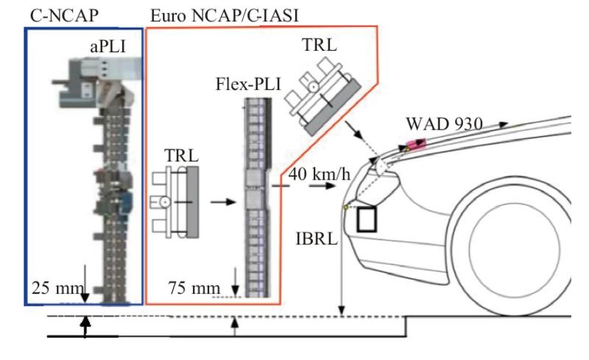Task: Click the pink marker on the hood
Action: click(x=415, y=143)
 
